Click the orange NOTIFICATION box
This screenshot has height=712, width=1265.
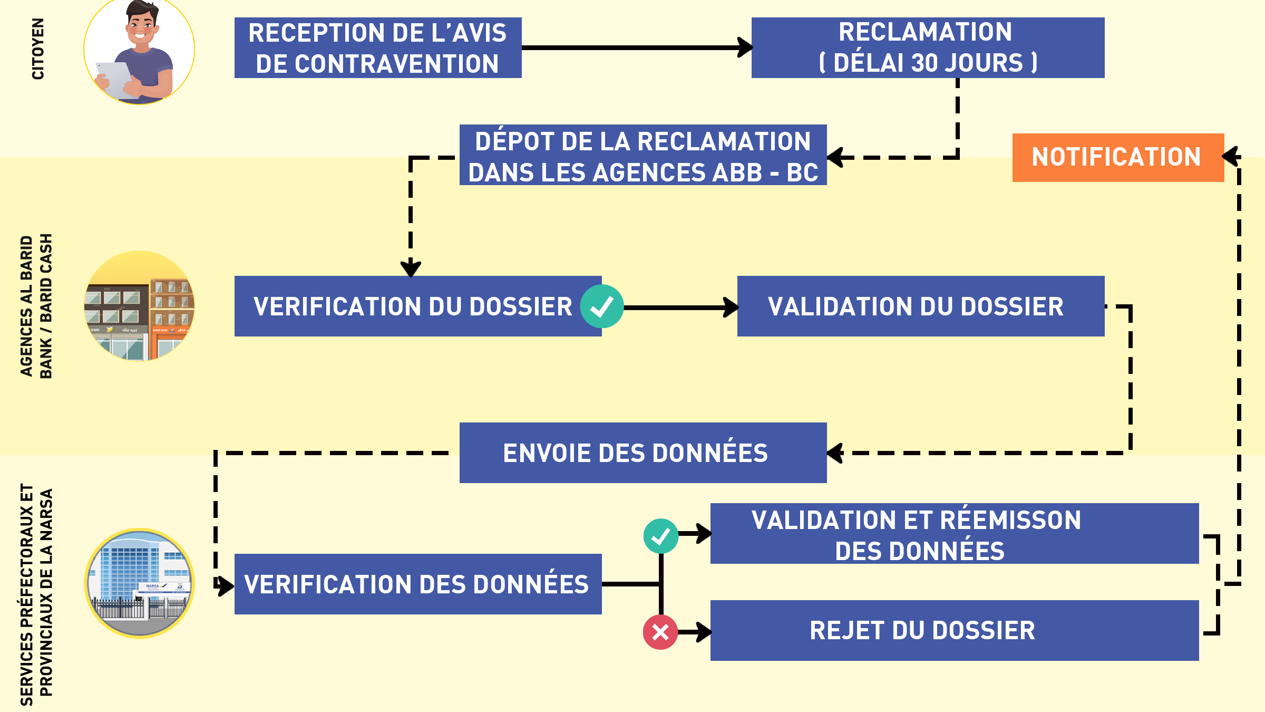coord(1117,157)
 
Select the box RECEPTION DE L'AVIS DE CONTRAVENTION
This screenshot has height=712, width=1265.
coord(377,48)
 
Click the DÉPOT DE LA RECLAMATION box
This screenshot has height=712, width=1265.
coord(643,155)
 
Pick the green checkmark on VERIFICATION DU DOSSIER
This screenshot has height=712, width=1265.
coord(601,306)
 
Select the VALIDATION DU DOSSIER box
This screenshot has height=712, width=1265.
coord(920,306)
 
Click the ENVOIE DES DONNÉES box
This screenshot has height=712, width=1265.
coord(643,453)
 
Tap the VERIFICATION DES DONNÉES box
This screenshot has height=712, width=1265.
coord(417,584)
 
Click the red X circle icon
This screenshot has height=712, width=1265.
coord(660,632)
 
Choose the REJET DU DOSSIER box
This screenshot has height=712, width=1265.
coord(954,630)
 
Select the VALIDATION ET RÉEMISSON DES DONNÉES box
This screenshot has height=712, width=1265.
coord(954,534)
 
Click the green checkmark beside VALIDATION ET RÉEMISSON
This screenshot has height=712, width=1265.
coord(660,536)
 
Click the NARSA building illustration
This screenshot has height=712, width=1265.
coord(140,583)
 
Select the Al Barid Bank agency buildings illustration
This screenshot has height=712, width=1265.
coord(140,306)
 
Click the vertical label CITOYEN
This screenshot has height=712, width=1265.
coord(38,49)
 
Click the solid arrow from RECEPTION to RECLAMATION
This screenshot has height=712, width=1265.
coord(632,47)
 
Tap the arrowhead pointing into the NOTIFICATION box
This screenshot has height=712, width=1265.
coord(1231,157)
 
